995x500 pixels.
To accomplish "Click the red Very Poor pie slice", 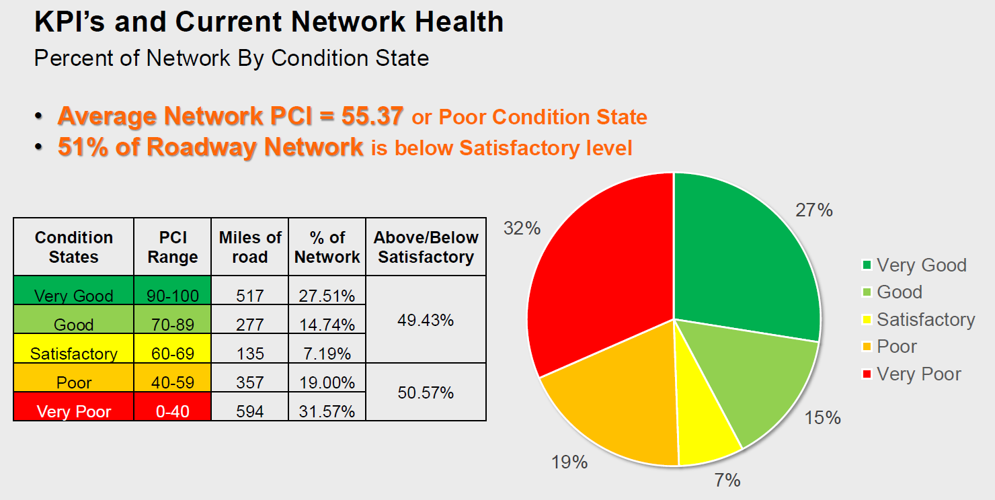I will pos(598,269).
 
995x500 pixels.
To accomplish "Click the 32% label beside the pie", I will pos(522,228).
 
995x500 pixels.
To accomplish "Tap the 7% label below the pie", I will pos(727,480).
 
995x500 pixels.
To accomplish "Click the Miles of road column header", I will pos(249,247).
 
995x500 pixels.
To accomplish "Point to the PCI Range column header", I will pos(173,247).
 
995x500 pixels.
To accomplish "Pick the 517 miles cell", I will pos(249,296).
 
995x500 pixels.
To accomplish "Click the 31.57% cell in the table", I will pos(327,411).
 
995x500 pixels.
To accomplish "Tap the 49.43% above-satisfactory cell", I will pos(426,320).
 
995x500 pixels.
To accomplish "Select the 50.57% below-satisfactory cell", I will pos(426,392).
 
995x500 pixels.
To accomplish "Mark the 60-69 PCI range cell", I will pos(173,353).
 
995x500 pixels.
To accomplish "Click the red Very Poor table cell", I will pos(74,411).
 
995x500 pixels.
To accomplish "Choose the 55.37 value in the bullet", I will pos(372,116).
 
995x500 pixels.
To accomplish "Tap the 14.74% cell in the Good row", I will pos(327,325).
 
